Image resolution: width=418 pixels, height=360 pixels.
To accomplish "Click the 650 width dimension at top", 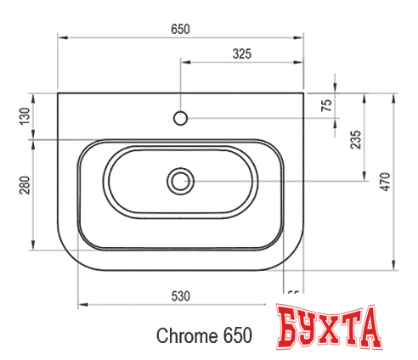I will [x=179, y=29].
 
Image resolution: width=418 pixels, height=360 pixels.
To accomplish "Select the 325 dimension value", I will [x=242, y=53].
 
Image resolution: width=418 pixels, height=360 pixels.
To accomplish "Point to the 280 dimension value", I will [x=25, y=184].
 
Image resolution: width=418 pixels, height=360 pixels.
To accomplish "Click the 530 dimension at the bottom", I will [x=179, y=295].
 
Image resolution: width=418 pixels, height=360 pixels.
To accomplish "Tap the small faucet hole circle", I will [x=180, y=116].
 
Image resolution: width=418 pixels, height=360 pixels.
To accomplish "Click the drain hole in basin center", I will [x=180, y=180].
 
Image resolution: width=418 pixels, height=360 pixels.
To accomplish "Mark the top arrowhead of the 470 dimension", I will [x=396, y=96].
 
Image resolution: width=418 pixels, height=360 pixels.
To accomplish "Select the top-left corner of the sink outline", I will [x=58, y=92].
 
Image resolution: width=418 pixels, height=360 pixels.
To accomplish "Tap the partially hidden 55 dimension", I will [x=293, y=295].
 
